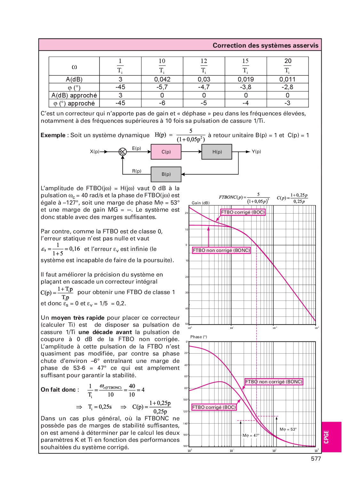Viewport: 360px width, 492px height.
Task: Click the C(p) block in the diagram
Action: pos(166,152)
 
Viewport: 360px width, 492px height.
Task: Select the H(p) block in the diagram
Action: pos(217,152)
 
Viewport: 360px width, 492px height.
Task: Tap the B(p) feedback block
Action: pos(166,174)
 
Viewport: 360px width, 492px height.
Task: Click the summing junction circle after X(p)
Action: pos(123,152)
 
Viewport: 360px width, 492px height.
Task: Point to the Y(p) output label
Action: pos(256,152)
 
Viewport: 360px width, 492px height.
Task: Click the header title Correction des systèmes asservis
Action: pos(265,45)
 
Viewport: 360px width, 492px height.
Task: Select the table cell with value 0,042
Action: pos(162,79)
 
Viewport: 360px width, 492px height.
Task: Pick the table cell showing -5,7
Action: pos(162,87)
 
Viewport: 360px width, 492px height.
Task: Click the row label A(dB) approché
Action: pos(74,95)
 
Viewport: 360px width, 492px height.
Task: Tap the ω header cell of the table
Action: pos(74,66)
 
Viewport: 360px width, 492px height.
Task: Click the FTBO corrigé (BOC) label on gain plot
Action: pos(243,212)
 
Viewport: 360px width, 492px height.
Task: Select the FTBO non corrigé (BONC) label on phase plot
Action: pos(274,382)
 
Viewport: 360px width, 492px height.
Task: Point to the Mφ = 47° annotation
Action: pos(251,435)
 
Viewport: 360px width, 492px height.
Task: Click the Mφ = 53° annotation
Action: pos(288,429)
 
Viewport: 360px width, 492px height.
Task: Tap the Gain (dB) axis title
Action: pos(201,203)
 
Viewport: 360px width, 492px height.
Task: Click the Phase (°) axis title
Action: pos(199,337)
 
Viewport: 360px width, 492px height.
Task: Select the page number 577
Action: pos(316,459)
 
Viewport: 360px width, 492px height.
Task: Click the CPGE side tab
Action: pos(326,437)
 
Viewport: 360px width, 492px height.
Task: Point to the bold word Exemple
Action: pos(53,135)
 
